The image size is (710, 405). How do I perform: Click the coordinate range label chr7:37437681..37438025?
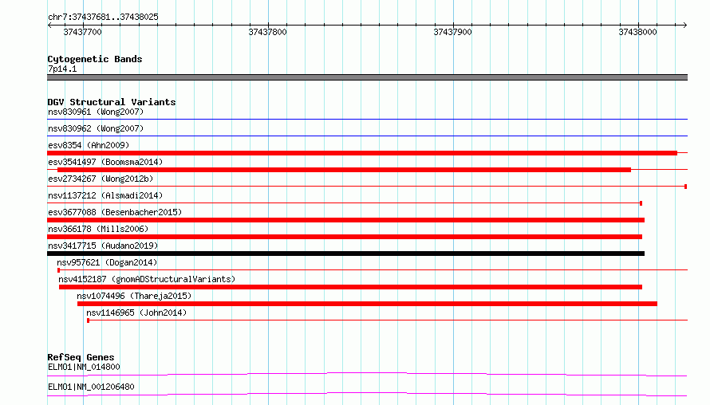pyautogui.click(x=103, y=18)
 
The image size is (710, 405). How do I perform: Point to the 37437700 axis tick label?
pyautogui.click(x=82, y=32)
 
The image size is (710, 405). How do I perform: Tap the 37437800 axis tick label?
pyautogui.click(x=267, y=32)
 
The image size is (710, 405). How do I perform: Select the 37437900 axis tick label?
pyautogui.click(x=453, y=32)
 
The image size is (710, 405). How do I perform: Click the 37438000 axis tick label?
pyautogui.click(x=637, y=32)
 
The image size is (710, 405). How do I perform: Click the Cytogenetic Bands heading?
pyautogui.click(x=95, y=59)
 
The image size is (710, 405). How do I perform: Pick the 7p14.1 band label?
pyautogui.click(x=62, y=69)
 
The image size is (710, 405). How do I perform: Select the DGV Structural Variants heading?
pyautogui.click(x=112, y=102)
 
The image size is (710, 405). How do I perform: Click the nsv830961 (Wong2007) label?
pyautogui.click(x=96, y=112)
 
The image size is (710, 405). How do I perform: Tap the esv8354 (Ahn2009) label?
pyautogui.click(x=89, y=145)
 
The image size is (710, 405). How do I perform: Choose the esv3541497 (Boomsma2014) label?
pyautogui.click(x=105, y=162)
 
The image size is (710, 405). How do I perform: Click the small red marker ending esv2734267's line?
pyautogui.click(x=685, y=187)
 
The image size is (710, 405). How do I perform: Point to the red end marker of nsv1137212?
pyautogui.click(x=641, y=203)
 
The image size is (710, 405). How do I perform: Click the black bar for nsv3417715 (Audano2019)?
pyautogui.click(x=346, y=254)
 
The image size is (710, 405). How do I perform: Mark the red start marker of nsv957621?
pyautogui.click(x=58, y=270)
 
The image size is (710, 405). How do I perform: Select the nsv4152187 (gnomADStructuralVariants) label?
pyautogui.click(x=147, y=279)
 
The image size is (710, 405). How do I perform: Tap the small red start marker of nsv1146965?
pyautogui.click(x=89, y=320)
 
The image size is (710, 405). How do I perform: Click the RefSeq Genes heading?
pyautogui.click(x=81, y=357)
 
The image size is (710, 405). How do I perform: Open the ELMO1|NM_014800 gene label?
pyautogui.click(x=84, y=367)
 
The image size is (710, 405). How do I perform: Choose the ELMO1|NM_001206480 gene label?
pyautogui.click(x=91, y=387)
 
